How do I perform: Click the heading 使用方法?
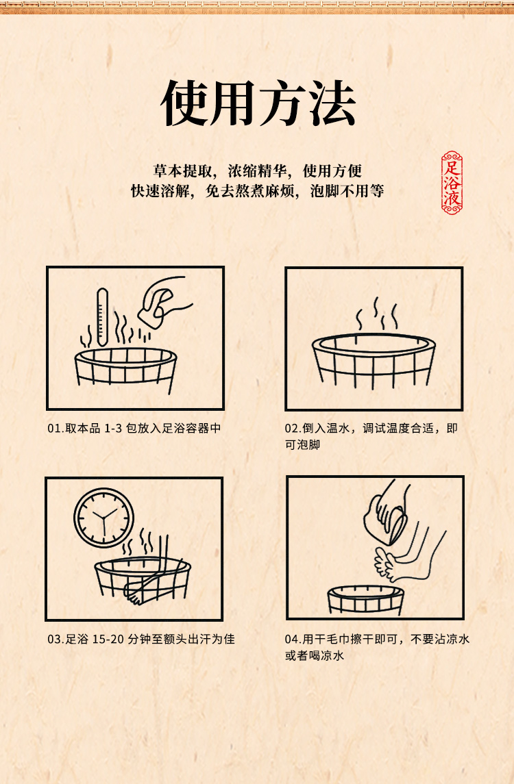(258, 103)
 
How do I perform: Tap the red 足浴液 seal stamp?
(452, 183)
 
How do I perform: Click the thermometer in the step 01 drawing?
(102, 317)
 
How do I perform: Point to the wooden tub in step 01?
(125, 369)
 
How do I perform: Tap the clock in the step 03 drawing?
(104, 518)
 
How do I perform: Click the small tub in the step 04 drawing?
(365, 600)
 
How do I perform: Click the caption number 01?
(54, 429)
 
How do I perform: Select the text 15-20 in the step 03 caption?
(108, 639)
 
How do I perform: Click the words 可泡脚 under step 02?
(302, 444)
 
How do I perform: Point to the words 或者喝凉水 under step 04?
(315, 655)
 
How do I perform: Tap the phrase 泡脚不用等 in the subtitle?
(347, 190)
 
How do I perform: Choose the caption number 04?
(291, 639)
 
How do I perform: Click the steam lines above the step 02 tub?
(376, 314)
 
